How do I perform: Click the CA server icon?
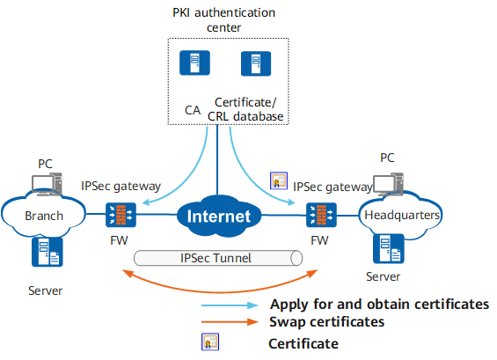[x=194, y=62]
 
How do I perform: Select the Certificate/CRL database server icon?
[x=256, y=63]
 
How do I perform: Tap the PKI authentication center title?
[x=223, y=20]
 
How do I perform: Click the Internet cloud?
[x=219, y=216]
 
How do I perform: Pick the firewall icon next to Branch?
[x=121, y=215]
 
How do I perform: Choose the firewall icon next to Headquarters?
[x=321, y=215]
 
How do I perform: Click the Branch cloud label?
[x=44, y=216]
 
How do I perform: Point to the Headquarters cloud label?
[x=402, y=215]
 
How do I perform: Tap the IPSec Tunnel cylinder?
[x=218, y=258]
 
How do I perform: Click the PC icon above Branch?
[x=47, y=184]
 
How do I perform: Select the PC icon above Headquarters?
[x=388, y=184]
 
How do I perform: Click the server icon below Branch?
[x=48, y=252]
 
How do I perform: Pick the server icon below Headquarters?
[x=389, y=249]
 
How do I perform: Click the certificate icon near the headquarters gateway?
[x=279, y=180]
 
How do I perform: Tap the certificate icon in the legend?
[x=210, y=342]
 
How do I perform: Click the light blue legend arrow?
[x=230, y=305]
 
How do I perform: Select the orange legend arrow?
[x=230, y=322]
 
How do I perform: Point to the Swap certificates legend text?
[x=327, y=322]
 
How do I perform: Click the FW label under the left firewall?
[x=119, y=240]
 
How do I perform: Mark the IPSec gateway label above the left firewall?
[x=121, y=187]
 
